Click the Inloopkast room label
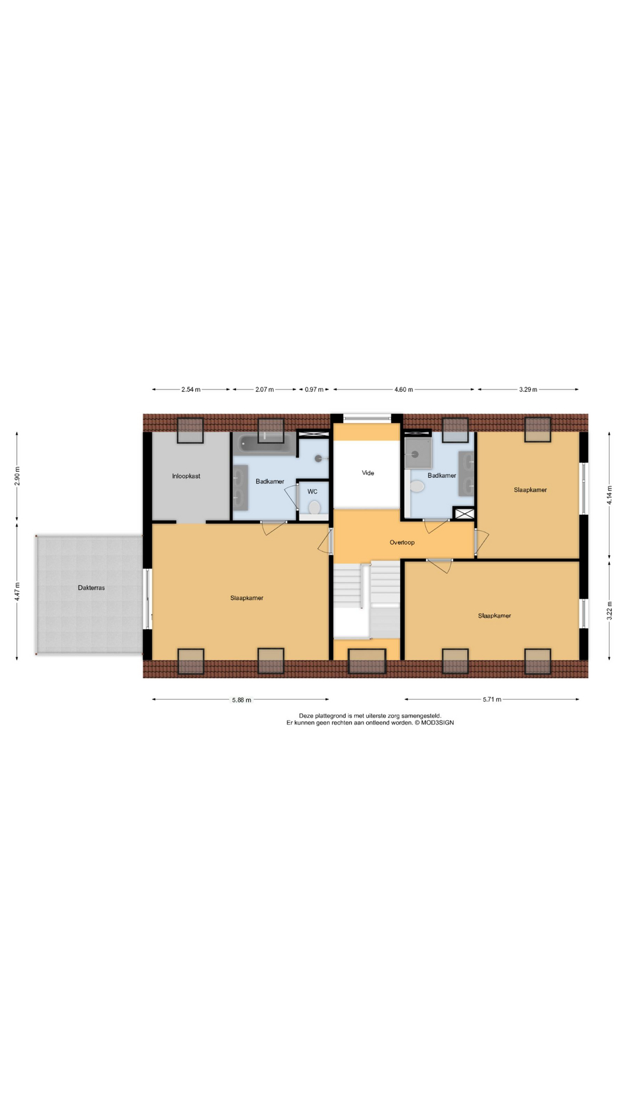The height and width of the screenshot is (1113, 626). coord(186,476)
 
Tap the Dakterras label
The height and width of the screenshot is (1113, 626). coord(91,587)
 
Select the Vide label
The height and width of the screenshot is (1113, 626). coord(368,472)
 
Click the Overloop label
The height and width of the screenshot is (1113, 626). coord(402,543)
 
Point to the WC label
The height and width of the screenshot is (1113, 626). coord(312,492)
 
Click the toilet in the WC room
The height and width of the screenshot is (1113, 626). coord(314,508)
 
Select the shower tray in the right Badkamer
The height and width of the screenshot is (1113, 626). coord(419,452)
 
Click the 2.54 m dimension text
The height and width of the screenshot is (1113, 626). coord(191,390)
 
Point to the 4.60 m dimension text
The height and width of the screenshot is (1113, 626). coord(403,390)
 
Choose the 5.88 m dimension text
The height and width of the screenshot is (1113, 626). coord(242,700)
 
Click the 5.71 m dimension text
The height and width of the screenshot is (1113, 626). coord(492,700)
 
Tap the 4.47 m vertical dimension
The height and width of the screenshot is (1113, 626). coord(17,591)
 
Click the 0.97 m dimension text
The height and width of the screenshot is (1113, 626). coord(314,390)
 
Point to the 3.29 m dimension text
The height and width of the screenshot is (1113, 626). coord(527,390)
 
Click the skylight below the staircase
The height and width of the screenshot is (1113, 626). coord(367,661)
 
